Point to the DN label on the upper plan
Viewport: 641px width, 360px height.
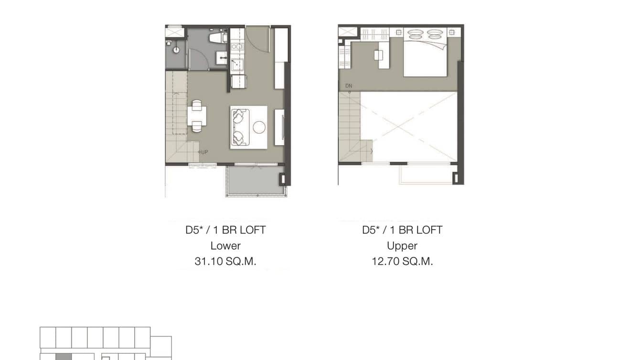[349, 86]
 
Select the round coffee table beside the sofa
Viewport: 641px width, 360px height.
[259, 127]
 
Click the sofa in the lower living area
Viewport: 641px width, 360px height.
[239, 127]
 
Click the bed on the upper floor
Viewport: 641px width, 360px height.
[425, 55]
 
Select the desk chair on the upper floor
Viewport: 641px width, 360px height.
[378, 55]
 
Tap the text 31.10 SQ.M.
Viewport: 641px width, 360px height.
[225, 262]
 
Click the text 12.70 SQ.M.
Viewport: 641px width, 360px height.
[402, 262]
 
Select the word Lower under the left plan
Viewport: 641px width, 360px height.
[225, 246]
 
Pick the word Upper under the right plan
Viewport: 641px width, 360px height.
[402, 246]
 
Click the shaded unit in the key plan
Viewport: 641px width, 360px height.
[64, 357]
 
